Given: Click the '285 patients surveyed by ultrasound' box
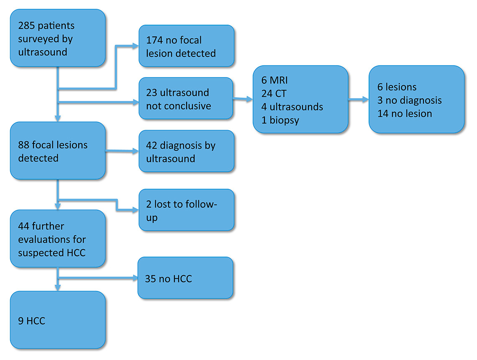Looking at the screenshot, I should tap(58, 38).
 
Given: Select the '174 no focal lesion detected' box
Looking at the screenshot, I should tap(186, 46).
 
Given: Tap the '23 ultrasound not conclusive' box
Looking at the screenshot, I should tap(186, 98).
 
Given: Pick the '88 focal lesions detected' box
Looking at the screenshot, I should tap(58, 151).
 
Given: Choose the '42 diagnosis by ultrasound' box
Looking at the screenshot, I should tap(186, 151).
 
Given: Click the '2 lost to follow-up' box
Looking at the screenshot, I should tap(186, 210).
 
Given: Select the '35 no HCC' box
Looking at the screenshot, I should tap(185, 278).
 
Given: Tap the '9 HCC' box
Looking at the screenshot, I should tap(58, 320).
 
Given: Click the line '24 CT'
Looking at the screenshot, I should tap(274, 93).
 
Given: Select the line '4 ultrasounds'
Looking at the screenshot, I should tap(292, 106).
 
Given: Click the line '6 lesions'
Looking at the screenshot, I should tap(397, 87).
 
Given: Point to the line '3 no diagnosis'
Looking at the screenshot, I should tap(409, 100).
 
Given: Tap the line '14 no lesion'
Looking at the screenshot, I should tap(404, 113).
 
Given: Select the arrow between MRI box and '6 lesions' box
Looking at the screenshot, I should tap(359, 100).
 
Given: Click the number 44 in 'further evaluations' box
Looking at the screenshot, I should tap(24, 226).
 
